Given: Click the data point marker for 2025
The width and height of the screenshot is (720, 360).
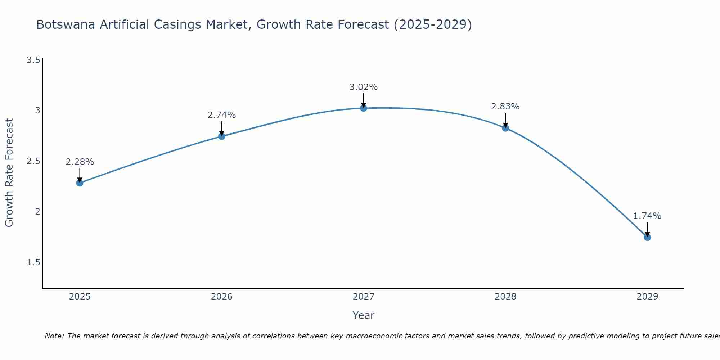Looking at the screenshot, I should click(x=80, y=183).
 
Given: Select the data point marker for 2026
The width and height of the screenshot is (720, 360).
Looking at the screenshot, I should click(x=222, y=136).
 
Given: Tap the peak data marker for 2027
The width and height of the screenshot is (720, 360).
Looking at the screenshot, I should click(x=364, y=108).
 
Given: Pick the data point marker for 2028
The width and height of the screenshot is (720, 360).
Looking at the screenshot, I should click(x=505, y=128).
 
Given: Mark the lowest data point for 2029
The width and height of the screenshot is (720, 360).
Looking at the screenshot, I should click(x=647, y=237).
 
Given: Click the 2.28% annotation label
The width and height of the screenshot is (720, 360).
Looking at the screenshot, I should click(x=80, y=162).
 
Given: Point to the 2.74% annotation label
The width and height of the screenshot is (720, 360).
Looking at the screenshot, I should click(x=222, y=115).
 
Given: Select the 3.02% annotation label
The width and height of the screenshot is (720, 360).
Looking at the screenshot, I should click(x=364, y=87).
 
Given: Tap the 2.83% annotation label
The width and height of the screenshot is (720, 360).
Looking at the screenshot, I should click(x=505, y=107).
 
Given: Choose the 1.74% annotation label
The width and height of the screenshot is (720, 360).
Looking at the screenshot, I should click(x=647, y=216).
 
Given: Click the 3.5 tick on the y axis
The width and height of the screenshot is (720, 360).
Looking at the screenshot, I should click(x=33, y=60).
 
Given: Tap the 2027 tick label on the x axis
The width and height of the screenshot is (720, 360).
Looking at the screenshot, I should click(x=364, y=297).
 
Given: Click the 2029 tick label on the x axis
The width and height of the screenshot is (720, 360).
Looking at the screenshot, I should click(x=647, y=297).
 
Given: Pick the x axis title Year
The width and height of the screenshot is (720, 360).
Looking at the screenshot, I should click(x=364, y=315).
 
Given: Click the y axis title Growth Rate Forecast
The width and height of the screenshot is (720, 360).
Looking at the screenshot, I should click(x=9, y=173).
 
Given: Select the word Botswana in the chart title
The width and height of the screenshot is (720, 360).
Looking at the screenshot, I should click(x=66, y=24).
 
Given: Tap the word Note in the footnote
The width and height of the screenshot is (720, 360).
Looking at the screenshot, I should click(x=54, y=336).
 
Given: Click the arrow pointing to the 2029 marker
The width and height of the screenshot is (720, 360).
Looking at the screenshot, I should click(x=647, y=229).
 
